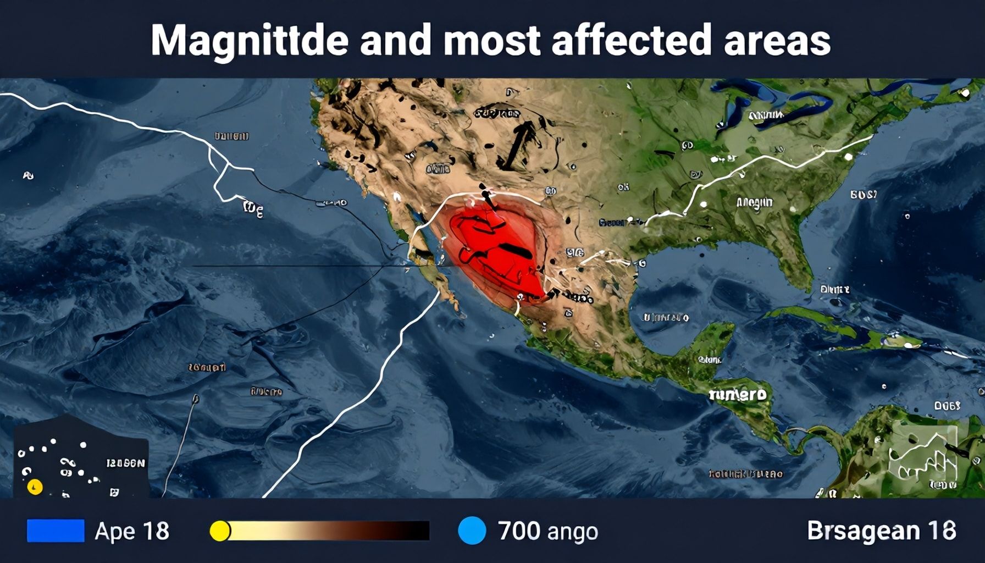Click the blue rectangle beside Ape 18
(56, 531)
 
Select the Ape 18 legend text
(132, 531)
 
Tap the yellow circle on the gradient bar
(220, 531)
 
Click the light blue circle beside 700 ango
(472, 531)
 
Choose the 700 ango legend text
(548, 531)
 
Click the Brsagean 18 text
(881, 531)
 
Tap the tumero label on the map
(738, 394)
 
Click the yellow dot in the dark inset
(35, 487)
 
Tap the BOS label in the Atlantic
(864, 194)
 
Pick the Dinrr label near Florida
(834, 289)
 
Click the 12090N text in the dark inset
(126, 463)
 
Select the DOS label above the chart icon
(947, 406)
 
